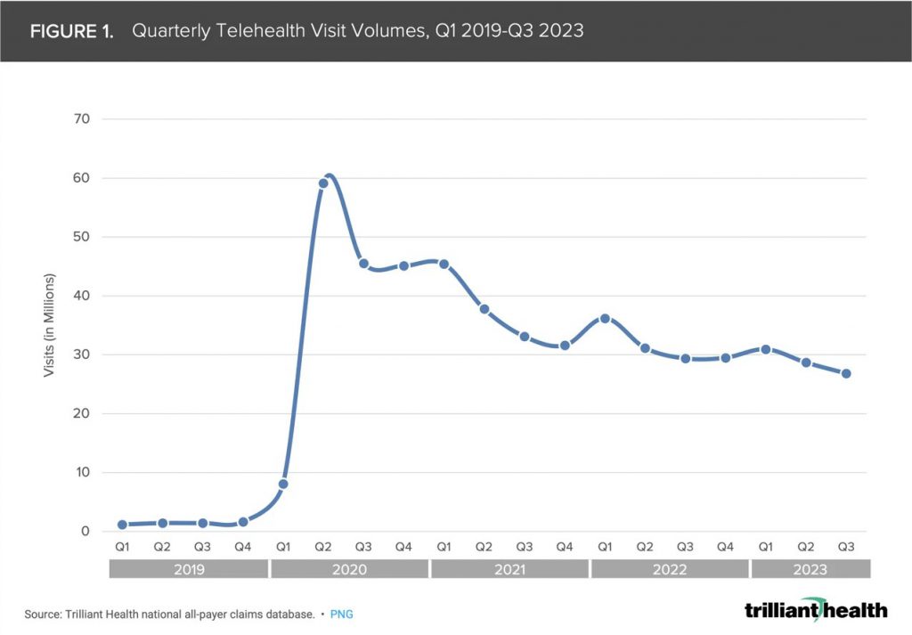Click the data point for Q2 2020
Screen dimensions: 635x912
pyautogui.click(x=323, y=183)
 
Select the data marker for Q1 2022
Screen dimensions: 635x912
pyautogui.click(x=605, y=318)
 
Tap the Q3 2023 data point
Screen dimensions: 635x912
pyautogui.click(x=845, y=373)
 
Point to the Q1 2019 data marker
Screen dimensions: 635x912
pyautogui.click(x=122, y=525)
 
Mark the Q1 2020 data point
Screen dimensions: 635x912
pyautogui.click(x=283, y=484)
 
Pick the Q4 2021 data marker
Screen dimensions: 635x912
pyautogui.click(x=564, y=345)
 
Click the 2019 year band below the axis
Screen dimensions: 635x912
pyautogui.click(x=188, y=570)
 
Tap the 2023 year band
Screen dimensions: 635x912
pyautogui.click(x=810, y=570)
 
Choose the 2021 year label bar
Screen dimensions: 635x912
pyautogui.click(x=509, y=570)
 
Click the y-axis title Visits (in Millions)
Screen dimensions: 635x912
pyautogui.click(x=50, y=326)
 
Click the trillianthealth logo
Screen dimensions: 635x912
pyautogui.click(x=815, y=609)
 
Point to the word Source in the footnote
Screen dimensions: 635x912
pyautogui.click(x=44, y=615)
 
